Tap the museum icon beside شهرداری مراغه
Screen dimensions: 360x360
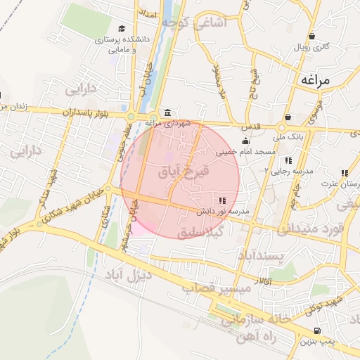point(167,112)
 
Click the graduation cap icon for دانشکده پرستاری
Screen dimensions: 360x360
point(122,29)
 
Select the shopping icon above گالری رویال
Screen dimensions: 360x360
point(311,37)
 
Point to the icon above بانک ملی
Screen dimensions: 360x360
point(288,117)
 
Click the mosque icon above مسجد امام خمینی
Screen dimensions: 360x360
point(245,141)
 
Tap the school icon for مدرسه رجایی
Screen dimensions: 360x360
point(288,161)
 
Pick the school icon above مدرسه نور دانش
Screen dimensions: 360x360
point(223,201)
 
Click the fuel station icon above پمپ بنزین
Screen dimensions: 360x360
point(316,330)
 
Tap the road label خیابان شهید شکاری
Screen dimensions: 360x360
point(71,206)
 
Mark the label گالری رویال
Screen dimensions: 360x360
point(311,48)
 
